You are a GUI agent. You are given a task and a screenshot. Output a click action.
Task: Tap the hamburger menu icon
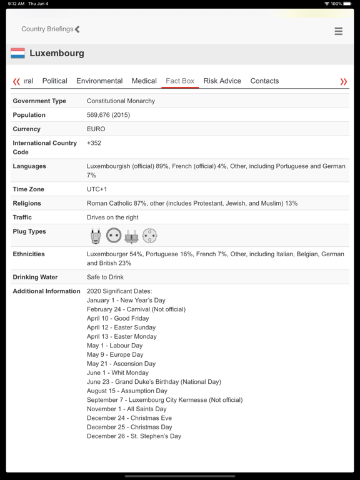point(338,31)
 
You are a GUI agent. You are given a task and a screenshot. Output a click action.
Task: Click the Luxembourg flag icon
point(17,54)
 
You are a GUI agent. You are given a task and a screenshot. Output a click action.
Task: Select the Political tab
point(54,81)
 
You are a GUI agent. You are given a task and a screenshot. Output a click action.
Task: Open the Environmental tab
point(99,81)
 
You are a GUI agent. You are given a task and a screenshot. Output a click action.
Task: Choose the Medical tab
point(144,81)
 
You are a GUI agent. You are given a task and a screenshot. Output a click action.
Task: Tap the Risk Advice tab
point(222,81)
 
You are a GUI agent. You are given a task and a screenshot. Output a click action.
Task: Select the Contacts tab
point(264,81)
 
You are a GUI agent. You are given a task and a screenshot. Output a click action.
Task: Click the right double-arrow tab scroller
point(343,82)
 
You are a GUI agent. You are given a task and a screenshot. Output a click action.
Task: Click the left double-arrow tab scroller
point(16,82)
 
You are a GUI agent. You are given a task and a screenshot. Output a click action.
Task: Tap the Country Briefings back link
point(50,29)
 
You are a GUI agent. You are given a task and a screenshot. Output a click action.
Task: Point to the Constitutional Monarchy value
point(121,101)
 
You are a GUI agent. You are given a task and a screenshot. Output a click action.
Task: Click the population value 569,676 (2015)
point(108,115)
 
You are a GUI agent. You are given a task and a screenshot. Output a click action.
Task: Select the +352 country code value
point(94,143)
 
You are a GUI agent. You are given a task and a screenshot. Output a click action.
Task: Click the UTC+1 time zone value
point(97,189)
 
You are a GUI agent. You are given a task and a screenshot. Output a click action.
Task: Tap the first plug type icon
point(95,236)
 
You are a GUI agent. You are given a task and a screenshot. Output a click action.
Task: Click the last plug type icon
point(149,236)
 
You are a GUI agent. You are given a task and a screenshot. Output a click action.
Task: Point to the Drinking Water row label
point(35,277)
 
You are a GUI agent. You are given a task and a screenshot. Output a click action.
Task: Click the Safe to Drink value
point(105,277)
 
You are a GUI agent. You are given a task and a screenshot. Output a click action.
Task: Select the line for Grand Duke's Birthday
point(154,382)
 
